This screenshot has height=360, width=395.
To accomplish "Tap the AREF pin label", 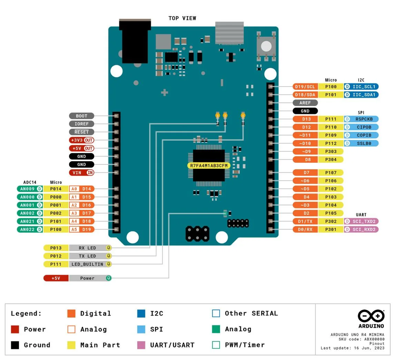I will (x=305, y=103).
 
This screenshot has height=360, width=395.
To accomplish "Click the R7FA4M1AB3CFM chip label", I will (x=209, y=166).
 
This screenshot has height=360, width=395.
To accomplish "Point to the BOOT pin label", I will (x=82, y=116).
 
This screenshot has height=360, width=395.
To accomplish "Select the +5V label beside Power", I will (x=56, y=278).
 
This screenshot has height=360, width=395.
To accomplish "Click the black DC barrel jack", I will (x=134, y=40).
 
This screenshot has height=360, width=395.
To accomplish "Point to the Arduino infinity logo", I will (x=371, y=316).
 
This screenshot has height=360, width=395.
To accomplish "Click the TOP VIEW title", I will (x=182, y=18).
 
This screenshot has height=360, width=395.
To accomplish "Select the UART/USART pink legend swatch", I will (x=141, y=345).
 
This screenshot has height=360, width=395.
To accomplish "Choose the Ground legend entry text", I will (x=37, y=345).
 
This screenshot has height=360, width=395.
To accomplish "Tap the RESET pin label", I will (x=82, y=132).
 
